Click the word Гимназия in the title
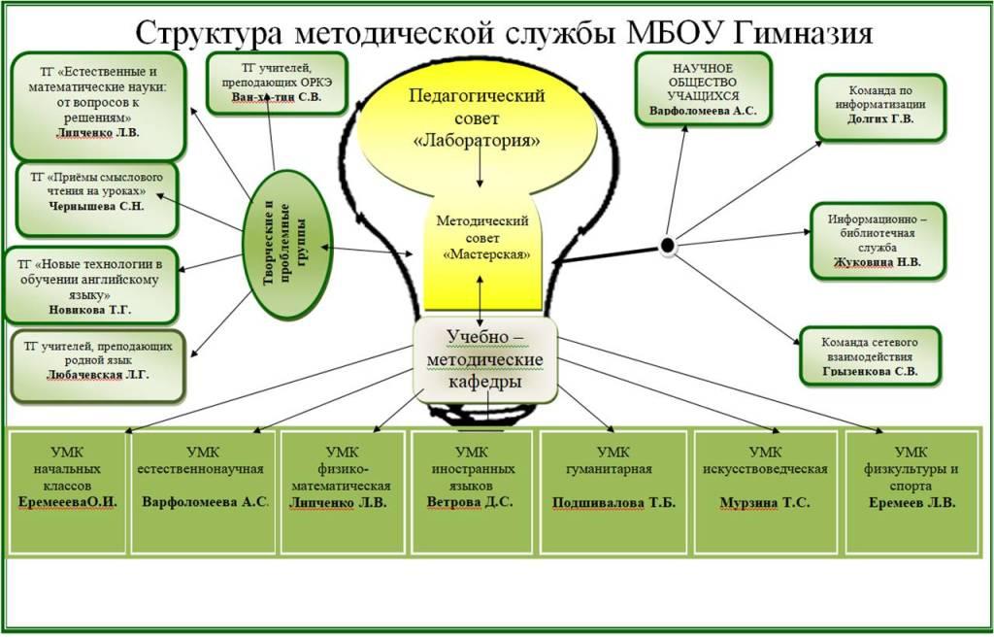[x=803, y=33]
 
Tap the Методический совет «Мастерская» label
[x=483, y=238]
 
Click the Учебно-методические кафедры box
[x=485, y=360]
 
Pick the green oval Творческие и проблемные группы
[x=287, y=244]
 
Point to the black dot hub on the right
[x=668, y=245]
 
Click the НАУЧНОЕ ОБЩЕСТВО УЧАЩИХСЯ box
[x=703, y=88]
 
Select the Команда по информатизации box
[x=880, y=107]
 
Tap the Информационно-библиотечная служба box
[x=878, y=241]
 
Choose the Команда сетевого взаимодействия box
[x=871, y=355]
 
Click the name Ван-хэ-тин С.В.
[x=277, y=97]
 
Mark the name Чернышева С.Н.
[x=96, y=206]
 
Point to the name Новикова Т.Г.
[x=90, y=310]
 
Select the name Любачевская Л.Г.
[x=98, y=375]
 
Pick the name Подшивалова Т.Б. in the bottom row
[x=613, y=503]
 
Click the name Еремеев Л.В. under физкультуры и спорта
[x=911, y=503]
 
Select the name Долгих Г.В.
[x=880, y=118]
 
